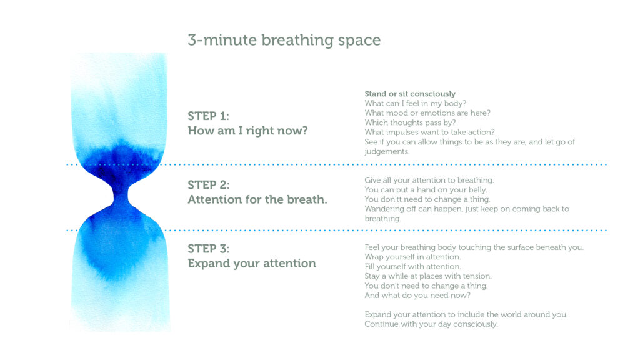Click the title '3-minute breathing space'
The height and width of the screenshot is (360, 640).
tap(284, 41)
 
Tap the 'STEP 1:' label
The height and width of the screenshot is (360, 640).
tap(209, 116)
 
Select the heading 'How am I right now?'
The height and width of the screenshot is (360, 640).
tap(247, 131)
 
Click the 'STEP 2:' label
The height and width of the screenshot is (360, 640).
tap(209, 185)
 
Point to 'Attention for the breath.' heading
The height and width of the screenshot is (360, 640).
tap(257, 199)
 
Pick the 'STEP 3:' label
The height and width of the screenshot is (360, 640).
tap(209, 249)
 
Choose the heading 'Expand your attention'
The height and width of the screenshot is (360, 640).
tap(252, 264)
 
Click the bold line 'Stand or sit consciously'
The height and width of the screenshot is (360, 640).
tap(410, 94)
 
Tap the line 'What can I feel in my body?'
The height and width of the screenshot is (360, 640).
tap(416, 104)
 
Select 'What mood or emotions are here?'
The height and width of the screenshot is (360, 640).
tap(427, 113)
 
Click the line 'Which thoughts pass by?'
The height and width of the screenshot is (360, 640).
tap(410, 122)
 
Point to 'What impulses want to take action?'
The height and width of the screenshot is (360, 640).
tap(430, 132)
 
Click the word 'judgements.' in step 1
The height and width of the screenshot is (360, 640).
tap(387, 151)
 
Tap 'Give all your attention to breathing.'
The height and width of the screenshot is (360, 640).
tap(429, 180)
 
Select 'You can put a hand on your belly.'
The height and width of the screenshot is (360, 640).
tap(426, 190)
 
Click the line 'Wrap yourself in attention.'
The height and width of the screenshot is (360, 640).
tap(412, 257)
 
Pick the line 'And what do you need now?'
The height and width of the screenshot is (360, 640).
tap(417, 296)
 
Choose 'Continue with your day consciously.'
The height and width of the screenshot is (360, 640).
tap(431, 324)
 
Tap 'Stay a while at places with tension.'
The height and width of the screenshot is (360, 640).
tap(428, 276)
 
